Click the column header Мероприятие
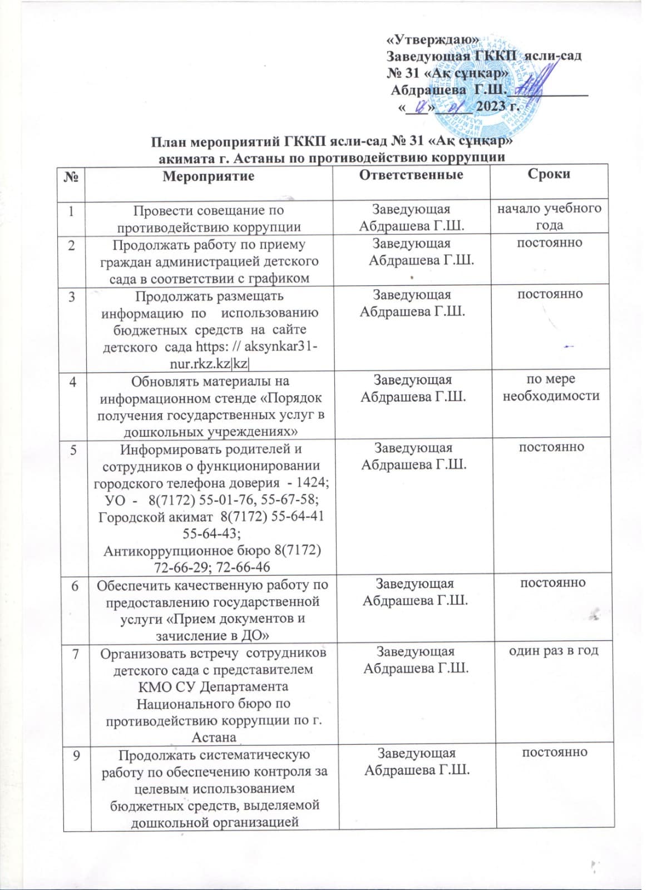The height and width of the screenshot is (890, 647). coord(208,176)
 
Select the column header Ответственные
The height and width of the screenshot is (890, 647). coord(411,175)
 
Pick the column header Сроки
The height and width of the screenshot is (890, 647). coord(549,174)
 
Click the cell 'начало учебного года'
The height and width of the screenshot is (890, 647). coord(549,217)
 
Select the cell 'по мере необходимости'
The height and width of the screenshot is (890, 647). coord(551,388)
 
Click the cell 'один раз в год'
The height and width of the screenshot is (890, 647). coord(554,650)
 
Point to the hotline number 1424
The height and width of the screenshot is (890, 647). coord(313,483)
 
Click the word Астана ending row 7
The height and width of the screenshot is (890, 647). coord(214,737)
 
